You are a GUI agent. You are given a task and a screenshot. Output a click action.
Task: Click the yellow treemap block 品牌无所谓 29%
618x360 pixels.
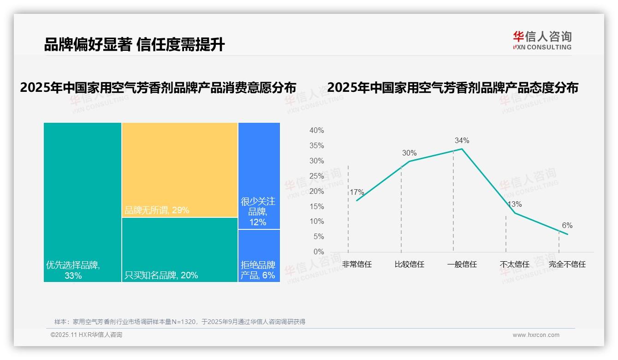tap(180, 170)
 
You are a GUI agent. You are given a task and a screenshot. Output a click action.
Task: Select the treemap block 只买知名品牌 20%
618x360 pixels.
tap(180, 250)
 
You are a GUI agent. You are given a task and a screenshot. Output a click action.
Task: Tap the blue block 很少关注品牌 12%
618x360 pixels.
tap(259, 176)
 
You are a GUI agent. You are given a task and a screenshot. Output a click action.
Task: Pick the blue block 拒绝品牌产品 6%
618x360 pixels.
tap(259, 256)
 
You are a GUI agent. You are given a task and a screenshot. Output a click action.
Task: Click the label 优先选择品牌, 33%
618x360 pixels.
tap(73, 270)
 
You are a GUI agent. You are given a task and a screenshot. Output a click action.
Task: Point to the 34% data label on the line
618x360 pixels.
tap(462, 140)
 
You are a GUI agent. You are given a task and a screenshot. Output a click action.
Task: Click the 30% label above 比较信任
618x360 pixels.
tap(409, 153)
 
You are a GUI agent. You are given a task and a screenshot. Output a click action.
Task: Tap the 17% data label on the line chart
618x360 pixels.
tap(357, 192)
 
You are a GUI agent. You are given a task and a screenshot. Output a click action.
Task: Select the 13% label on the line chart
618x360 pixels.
tap(514, 204)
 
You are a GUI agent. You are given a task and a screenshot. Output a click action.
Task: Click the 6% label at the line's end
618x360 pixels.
tap(567, 225)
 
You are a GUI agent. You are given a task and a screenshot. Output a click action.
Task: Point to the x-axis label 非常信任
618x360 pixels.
tap(357, 264)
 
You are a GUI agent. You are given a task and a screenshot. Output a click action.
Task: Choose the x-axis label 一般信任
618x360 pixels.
tap(462, 264)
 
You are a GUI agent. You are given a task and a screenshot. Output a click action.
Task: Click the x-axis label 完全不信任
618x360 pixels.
tap(567, 264)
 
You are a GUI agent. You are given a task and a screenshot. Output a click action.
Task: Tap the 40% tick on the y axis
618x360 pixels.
tap(316, 131)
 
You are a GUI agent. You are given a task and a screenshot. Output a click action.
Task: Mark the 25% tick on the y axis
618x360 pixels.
tap(316, 176)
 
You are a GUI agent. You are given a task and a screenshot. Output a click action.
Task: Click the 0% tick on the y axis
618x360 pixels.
tap(319, 252)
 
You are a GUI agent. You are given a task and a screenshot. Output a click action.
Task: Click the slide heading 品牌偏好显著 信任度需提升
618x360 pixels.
tap(134, 44)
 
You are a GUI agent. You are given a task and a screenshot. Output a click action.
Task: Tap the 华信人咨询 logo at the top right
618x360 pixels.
tap(542, 40)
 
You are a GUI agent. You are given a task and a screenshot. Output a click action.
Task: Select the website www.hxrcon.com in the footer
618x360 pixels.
tap(536, 335)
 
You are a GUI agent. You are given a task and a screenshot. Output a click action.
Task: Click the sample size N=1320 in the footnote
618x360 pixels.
tap(184, 322)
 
